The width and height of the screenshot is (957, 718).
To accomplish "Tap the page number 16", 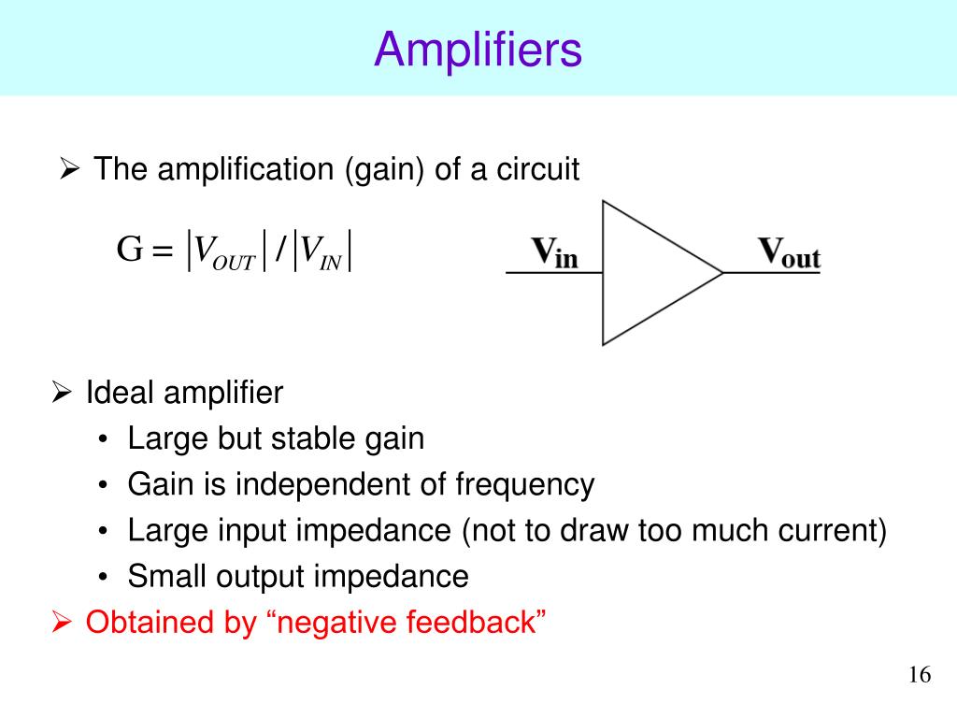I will (920, 676).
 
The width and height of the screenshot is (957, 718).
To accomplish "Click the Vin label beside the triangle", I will (554, 252).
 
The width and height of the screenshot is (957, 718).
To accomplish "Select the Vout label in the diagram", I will (788, 252).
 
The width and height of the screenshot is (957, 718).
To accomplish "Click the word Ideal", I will (119, 393).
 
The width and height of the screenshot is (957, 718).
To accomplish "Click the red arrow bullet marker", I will (62, 622).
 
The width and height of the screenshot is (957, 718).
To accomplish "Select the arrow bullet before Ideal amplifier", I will (62, 393).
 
